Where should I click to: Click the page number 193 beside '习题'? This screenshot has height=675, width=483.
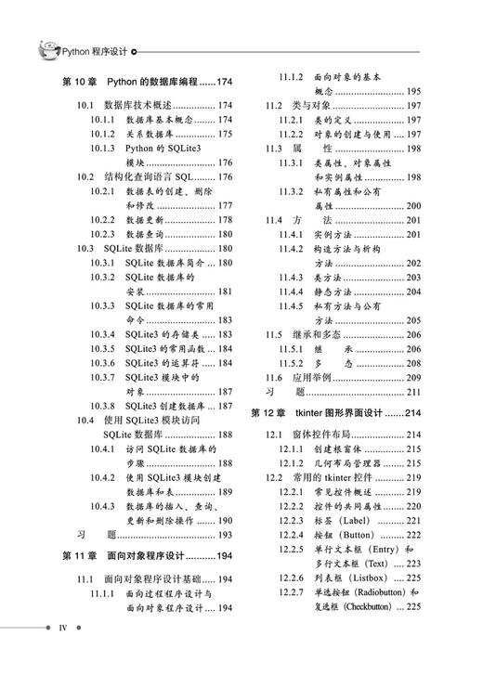coord(224,535)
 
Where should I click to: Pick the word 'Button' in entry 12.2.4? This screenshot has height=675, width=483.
coord(365,534)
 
